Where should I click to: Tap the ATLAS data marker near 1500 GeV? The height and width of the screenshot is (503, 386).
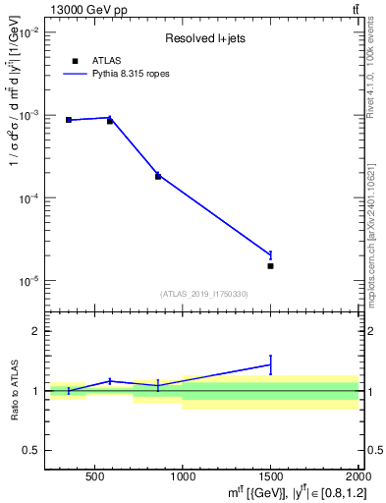[x=270, y=265]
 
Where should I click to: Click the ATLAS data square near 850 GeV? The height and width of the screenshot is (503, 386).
[x=158, y=176]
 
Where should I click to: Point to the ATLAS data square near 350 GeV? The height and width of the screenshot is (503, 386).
[x=69, y=120]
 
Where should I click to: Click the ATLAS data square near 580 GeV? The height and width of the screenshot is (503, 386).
[x=110, y=121]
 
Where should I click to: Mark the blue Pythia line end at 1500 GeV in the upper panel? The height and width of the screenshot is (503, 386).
[x=270, y=254]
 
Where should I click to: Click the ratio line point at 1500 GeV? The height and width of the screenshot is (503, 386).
[x=270, y=364]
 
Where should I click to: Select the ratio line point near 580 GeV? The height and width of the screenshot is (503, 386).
[x=110, y=380]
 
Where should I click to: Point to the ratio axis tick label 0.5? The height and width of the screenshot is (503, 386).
[x=31, y=450]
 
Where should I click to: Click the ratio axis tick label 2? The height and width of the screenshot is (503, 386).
[x=36, y=331]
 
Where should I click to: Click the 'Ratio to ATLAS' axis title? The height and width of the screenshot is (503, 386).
[x=13, y=391]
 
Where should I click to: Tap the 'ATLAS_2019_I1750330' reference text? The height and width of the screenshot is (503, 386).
[x=204, y=294]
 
